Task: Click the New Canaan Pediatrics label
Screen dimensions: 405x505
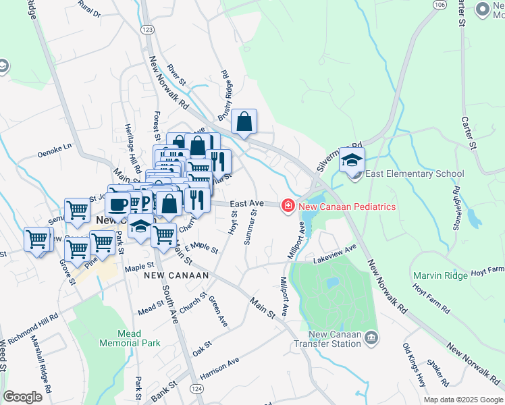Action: (x=346, y=205)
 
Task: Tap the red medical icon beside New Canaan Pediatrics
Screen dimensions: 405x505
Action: (x=288, y=205)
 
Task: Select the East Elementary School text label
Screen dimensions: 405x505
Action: (x=417, y=174)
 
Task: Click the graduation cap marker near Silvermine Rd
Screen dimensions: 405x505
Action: (x=352, y=160)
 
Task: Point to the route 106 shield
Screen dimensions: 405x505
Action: (x=440, y=4)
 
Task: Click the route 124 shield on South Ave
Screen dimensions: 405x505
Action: (x=196, y=389)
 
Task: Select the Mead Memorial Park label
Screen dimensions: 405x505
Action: (x=129, y=338)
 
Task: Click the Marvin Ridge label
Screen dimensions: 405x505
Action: (x=440, y=275)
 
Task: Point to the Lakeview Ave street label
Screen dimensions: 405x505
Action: (x=334, y=254)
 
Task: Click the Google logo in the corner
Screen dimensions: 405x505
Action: (x=23, y=397)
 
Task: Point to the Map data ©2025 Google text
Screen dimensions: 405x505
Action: (x=462, y=400)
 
